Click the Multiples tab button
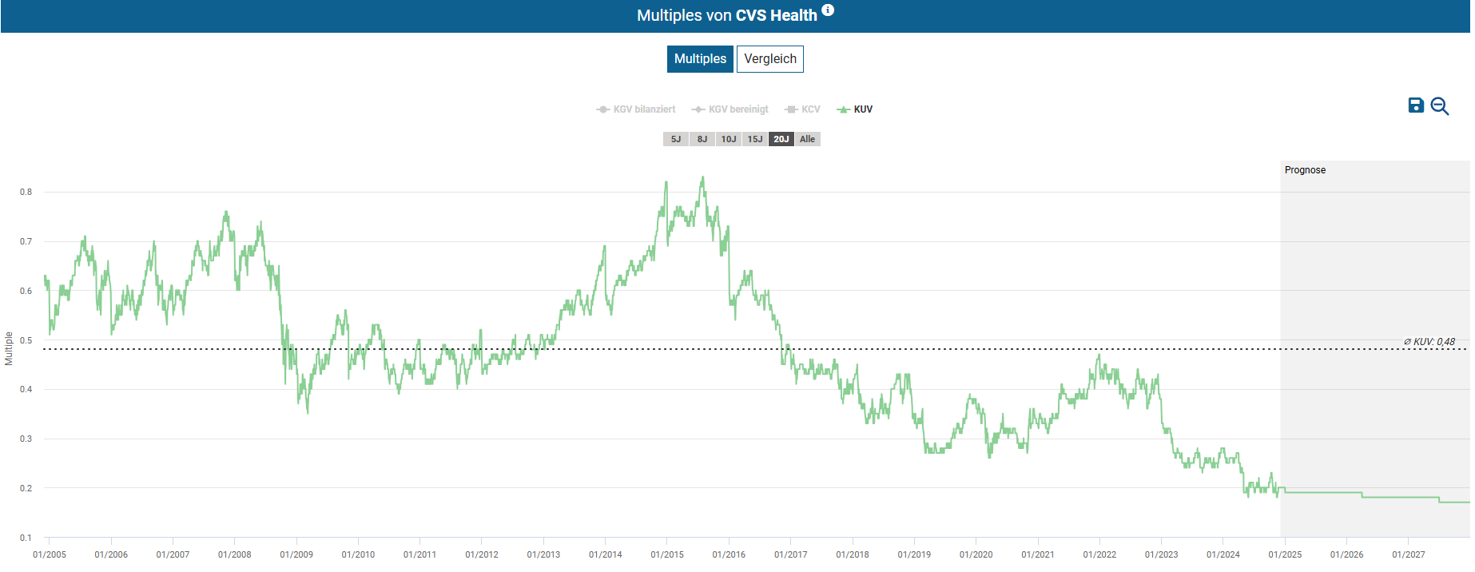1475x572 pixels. [700, 59]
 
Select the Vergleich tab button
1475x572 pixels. [769, 59]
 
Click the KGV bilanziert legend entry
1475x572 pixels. [636, 109]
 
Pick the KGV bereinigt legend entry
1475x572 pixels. [730, 109]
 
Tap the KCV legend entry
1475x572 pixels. [803, 109]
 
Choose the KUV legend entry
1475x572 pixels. [855, 109]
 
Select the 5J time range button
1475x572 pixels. [676, 139]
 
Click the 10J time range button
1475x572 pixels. [729, 139]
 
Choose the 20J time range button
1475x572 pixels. [781, 139]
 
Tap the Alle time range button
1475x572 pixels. [808, 139]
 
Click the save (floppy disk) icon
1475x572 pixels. [1416, 105]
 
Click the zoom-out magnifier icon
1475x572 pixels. [1440, 106]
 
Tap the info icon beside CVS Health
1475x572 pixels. [828, 10]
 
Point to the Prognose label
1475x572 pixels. [1305, 170]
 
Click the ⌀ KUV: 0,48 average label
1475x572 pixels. [1429, 342]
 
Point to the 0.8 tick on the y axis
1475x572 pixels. [26, 192]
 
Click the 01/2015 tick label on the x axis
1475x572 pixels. [667, 554]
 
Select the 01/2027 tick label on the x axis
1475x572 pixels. [1408, 554]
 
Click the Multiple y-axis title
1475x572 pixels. [9, 349]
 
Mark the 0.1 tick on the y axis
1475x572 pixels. [26, 538]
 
